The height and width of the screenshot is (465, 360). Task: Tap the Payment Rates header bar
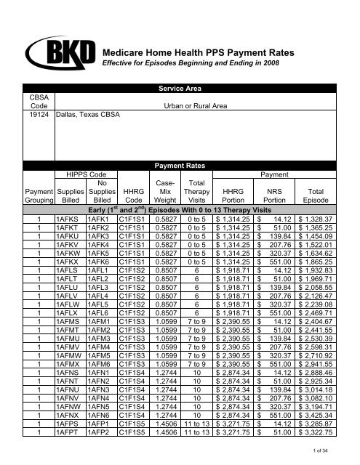click(180, 165)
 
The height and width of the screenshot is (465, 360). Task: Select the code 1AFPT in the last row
click(69, 434)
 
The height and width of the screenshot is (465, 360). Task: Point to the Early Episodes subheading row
click(180, 209)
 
